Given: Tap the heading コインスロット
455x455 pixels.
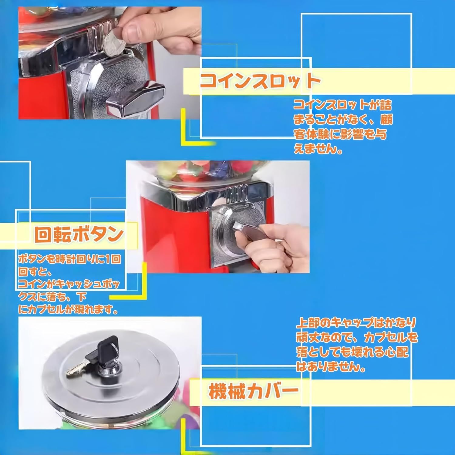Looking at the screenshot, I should pyautogui.click(x=260, y=81).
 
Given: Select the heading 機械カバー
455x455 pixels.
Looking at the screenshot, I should pyautogui.click(x=253, y=391).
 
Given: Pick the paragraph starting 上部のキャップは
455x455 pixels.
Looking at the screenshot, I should pyautogui.click(x=356, y=345).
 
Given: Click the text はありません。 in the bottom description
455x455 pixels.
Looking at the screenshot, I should pyautogui.click(x=331, y=367).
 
